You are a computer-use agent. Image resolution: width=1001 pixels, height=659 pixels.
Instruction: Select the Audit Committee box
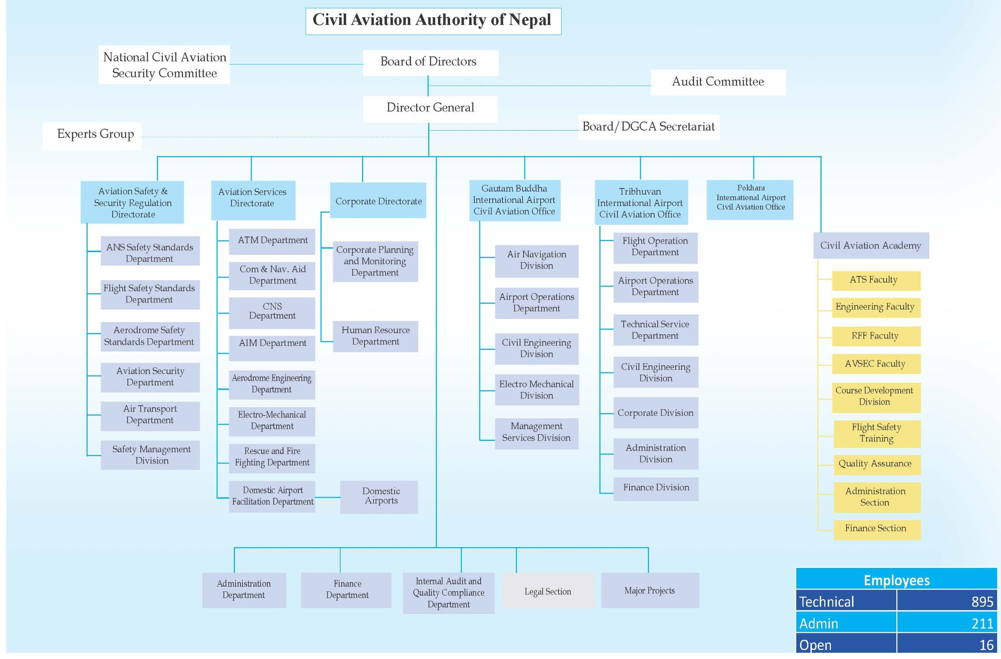(718, 82)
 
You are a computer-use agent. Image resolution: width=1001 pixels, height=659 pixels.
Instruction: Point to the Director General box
(430, 109)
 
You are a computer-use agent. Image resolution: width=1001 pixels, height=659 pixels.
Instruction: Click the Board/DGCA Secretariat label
(648, 127)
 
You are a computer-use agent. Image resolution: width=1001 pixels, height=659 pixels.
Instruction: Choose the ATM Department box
(272, 242)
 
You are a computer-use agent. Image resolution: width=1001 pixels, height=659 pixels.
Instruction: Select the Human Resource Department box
(375, 337)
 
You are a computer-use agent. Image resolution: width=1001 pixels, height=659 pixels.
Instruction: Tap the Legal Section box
(547, 591)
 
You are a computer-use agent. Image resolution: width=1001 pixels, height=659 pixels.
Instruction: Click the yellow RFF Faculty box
(875, 336)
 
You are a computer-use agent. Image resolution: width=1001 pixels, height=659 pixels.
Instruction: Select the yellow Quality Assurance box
(875, 464)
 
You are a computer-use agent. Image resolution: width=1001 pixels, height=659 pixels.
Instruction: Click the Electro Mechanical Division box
(536, 390)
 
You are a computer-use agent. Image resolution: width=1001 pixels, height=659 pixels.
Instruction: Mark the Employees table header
(896, 580)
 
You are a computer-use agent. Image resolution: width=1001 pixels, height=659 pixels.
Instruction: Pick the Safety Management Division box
(150, 455)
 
